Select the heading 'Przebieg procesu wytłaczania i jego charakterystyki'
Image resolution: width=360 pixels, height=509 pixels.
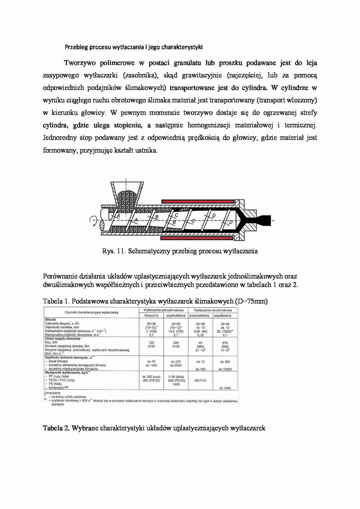tap(134, 47)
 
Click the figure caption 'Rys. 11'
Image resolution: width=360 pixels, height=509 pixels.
tap(113, 251)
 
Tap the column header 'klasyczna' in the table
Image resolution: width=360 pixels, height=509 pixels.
tap(151, 315)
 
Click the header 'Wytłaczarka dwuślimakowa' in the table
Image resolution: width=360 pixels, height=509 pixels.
tap(213, 310)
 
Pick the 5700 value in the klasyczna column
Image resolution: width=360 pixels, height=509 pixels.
tap(151, 346)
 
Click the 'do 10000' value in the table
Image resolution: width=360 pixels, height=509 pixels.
tap(225, 369)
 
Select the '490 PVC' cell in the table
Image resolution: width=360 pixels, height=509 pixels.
tap(200, 380)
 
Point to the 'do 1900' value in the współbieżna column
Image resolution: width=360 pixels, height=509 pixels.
tap(225, 388)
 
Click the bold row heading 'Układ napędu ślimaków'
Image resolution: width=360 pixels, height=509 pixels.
tap(62, 339)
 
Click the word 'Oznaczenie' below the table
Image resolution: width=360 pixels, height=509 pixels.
tap(52, 393)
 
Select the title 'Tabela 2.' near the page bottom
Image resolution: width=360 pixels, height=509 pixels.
tap(56, 428)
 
